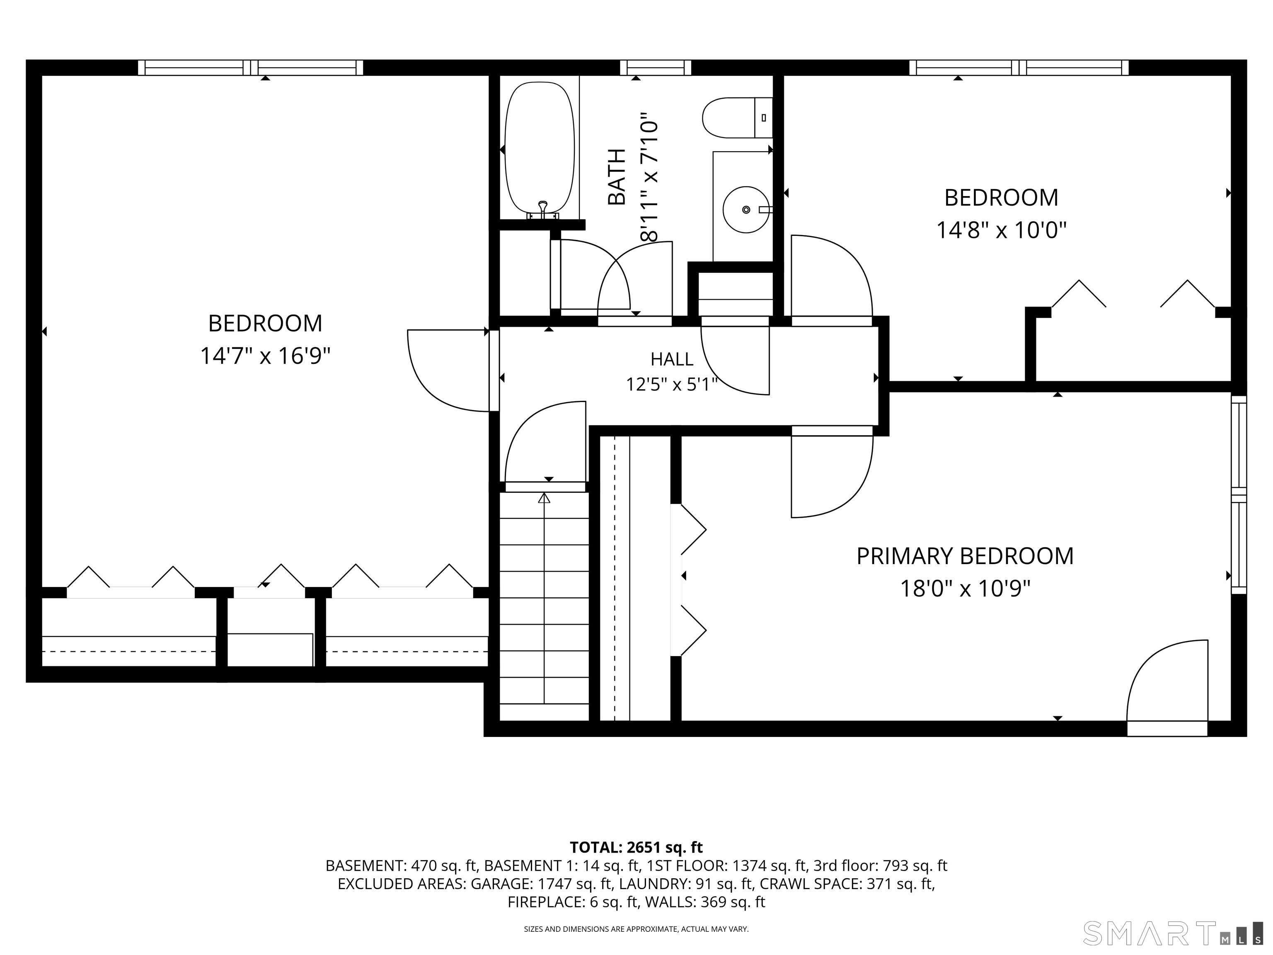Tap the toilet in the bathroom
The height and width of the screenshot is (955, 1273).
pos(737,117)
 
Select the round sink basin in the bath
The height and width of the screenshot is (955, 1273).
pos(746,210)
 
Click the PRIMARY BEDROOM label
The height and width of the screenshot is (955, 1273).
pos(965,556)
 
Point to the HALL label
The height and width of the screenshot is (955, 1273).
pos(672,359)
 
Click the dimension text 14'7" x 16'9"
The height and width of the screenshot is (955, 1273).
pos(265,356)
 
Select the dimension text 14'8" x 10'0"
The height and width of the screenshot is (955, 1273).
pos(1001,230)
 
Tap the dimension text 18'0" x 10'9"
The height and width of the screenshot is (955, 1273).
pos(965,589)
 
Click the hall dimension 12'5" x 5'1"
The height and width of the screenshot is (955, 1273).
pos(672,384)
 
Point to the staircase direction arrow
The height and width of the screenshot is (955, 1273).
pos(544,598)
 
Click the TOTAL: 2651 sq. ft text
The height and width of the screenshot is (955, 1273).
pos(636,847)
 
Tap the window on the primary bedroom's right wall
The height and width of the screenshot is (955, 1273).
pos(1239,494)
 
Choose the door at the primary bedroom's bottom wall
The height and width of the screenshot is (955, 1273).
pos(1167,688)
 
